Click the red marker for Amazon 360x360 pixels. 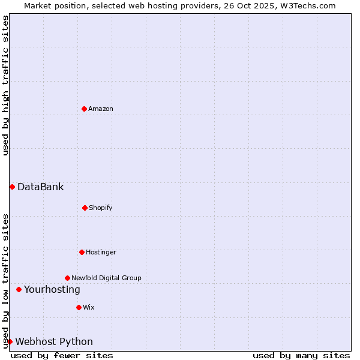pos(84,109)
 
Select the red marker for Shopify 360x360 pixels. pos(85,208)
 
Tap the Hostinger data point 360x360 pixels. pos(82,252)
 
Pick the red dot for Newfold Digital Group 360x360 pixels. pos(67,278)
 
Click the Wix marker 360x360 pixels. pos(79,307)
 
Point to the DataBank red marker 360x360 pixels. pos(12,187)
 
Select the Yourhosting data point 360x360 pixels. pos(19,289)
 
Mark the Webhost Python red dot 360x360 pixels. pos(10,341)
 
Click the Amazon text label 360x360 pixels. pos(101,109)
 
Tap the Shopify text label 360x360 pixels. pos(101,208)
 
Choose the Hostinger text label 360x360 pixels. pos(101,252)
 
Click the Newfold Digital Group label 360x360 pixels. pos(106,278)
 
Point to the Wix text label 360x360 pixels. pos(89,307)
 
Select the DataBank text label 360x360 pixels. pos(40,187)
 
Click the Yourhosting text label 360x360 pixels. pos(52,289)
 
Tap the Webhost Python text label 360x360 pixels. pos(54,341)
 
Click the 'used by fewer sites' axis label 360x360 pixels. pos(62,355)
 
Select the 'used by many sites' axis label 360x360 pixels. pos(301,355)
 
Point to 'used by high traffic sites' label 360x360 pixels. pos(5,85)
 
